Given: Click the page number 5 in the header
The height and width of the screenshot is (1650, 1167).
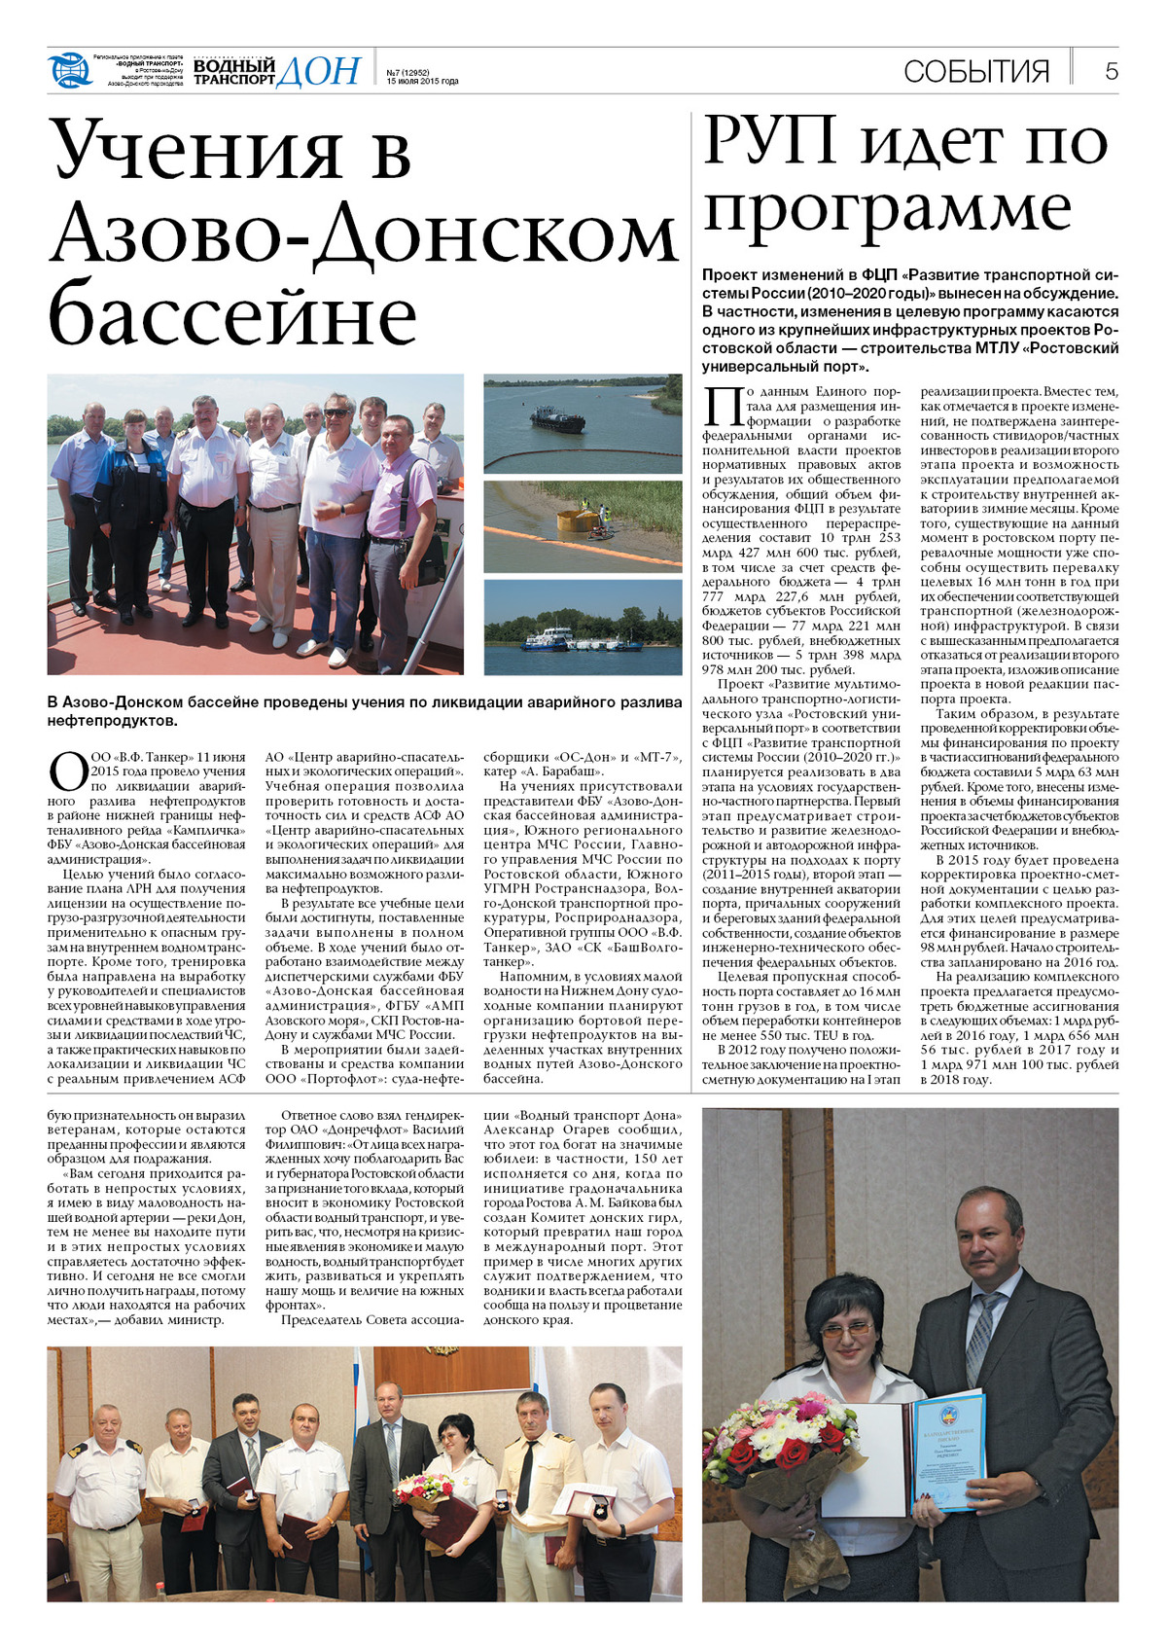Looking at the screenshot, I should (x=1111, y=71).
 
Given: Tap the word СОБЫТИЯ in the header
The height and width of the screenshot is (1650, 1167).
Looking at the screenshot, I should (x=976, y=71).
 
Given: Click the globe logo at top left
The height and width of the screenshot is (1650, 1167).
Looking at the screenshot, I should (x=68, y=69).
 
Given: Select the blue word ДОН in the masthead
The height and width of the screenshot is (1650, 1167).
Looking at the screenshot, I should (x=318, y=71).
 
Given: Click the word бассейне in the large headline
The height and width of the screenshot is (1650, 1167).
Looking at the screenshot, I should (x=233, y=313).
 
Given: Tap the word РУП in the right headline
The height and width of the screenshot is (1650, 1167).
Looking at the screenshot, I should (x=770, y=141).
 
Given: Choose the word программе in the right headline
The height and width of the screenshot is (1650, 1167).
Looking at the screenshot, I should (x=887, y=209).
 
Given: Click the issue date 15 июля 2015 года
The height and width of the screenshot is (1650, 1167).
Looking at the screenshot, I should (x=422, y=82).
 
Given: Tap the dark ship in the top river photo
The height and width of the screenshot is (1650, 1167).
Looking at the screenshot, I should (x=557, y=421).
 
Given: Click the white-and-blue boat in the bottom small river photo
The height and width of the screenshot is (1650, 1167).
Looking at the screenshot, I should (x=549, y=638).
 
